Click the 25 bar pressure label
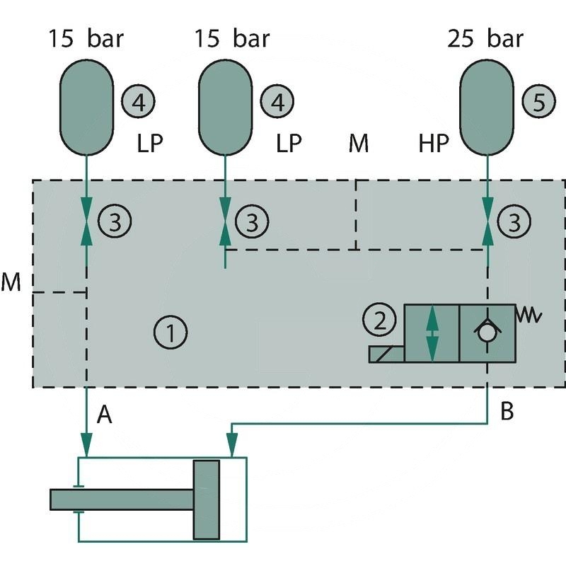[x=485, y=38]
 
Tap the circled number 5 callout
[x=538, y=103]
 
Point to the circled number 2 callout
[x=381, y=320]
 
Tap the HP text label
[x=434, y=144]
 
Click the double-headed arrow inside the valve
[x=432, y=333]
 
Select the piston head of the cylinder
[x=207, y=499]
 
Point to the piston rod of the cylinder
[x=120, y=499]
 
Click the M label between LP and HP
[x=359, y=144]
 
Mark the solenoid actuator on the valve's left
[x=386, y=353]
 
